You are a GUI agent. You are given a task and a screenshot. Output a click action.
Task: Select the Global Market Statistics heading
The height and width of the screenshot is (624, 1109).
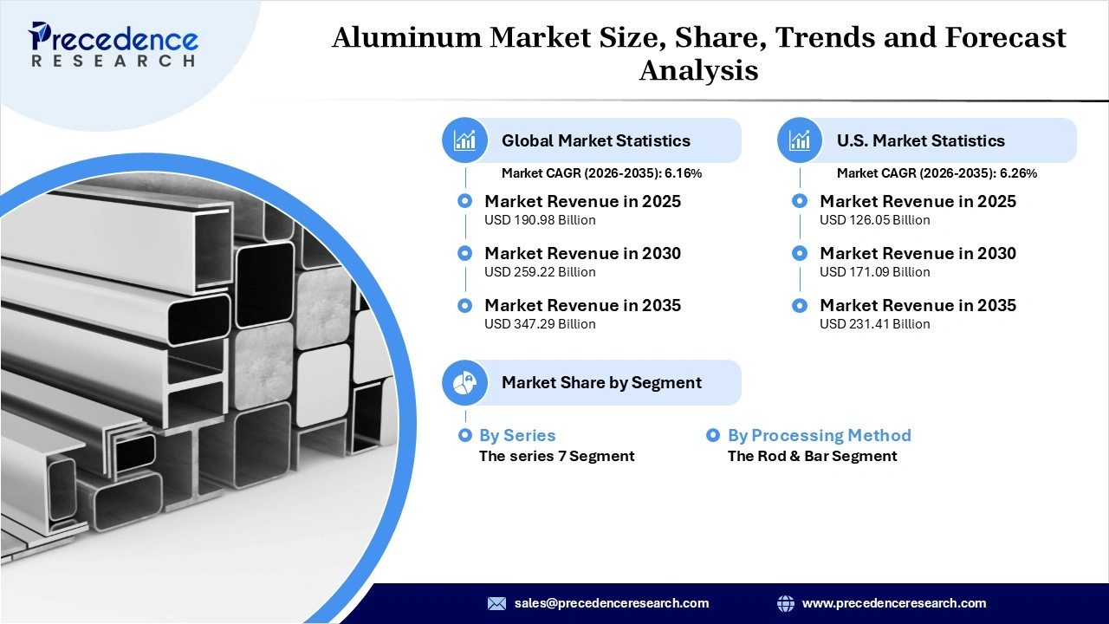pos(595,140)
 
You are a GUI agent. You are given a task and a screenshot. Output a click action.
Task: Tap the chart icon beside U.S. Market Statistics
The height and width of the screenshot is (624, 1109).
pos(800,140)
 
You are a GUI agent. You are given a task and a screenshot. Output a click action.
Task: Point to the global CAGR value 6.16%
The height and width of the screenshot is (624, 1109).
pos(683,173)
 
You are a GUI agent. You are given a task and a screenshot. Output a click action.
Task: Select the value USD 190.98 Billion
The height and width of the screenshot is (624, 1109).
pos(540,220)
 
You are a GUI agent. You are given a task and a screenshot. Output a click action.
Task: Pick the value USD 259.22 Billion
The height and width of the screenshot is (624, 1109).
pos(540,272)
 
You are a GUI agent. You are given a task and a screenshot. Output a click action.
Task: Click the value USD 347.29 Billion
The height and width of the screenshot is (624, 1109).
pos(540,324)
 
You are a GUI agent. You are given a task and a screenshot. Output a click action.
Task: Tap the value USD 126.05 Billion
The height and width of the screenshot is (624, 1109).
pos(874,220)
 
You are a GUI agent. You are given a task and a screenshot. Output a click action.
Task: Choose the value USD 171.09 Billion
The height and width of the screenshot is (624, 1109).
pos(874,272)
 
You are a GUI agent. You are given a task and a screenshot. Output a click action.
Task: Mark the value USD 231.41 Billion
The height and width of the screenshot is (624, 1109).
pos(874,324)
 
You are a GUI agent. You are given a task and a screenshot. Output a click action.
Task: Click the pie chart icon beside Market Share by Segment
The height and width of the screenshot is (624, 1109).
pos(465,382)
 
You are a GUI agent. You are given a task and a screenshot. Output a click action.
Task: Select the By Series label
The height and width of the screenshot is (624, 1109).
pos(516,435)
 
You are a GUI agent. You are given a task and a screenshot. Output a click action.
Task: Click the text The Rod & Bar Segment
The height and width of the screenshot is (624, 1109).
pos(812,456)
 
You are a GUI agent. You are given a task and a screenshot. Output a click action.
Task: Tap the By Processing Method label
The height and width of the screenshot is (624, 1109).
pos(819,435)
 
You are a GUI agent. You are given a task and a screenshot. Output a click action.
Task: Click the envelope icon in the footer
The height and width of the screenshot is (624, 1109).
pos(496,603)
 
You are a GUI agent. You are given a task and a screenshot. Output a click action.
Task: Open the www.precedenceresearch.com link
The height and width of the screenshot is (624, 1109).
pos(893,603)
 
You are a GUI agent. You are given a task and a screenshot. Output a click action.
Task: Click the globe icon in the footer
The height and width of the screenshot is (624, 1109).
pos(786,603)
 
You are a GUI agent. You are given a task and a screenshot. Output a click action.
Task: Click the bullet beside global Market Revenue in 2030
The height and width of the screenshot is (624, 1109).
pos(465,253)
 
